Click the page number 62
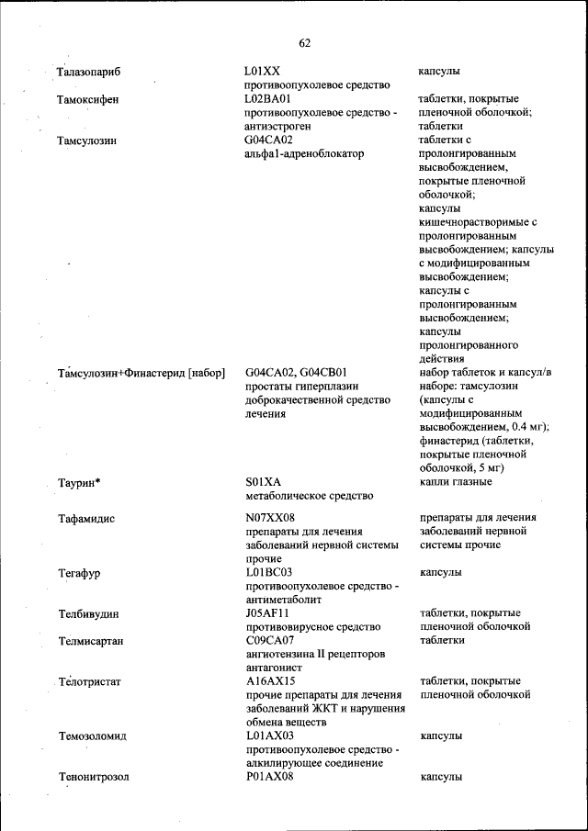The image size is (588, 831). (x=305, y=42)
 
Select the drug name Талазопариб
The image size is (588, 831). (x=89, y=71)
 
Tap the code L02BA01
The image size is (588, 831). (x=267, y=98)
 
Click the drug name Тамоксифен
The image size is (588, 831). (x=87, y=98)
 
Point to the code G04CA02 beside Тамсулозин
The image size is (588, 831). (x=268, y=140)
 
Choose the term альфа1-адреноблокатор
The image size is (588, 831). (x=300, y=153)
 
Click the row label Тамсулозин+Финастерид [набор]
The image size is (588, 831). (x=141, y=373)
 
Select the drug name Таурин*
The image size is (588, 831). (x=79, y=482)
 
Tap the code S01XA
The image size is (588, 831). (x=263, y=482)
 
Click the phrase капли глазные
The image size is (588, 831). (x=456, y=482)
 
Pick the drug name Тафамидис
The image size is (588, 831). (x=86, y=518)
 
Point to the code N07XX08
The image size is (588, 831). (x=268, y=518)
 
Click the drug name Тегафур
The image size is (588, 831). (x=80, y=572)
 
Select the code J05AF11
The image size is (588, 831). (x=267, y=612)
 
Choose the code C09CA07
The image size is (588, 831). (x=270, y=640)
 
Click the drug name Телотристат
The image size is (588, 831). (x=89, y=681)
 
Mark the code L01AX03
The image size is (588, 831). (x=268, y=736)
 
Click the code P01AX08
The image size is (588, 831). (x=269, y=777)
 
